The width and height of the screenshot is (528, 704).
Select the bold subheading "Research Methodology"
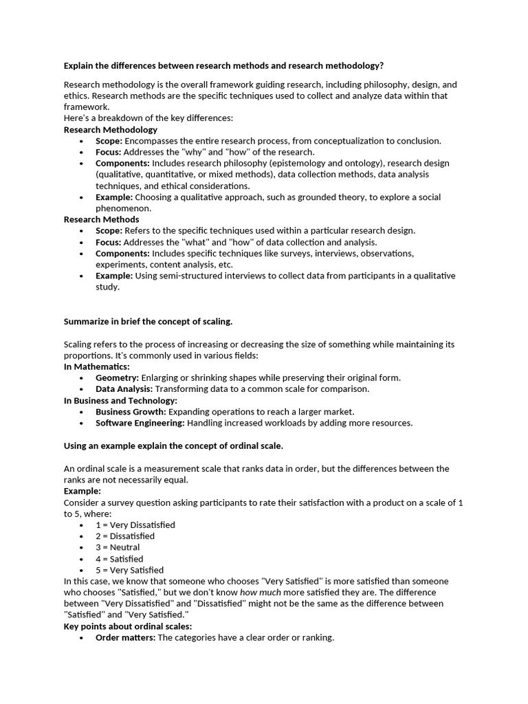[x=110, y=129]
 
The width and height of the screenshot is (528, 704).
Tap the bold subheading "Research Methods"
[x=101, y=219]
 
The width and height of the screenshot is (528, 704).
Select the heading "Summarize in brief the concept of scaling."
[x=148, y=321]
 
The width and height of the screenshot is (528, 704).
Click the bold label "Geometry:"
[x=117, y=377]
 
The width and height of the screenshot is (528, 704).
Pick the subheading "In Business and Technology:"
[x=120, y=400]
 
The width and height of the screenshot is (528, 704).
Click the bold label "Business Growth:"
[x=131, y=411]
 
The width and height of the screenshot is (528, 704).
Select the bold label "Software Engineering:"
[x=140, y=423]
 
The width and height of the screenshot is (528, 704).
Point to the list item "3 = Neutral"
[x=118, y=547]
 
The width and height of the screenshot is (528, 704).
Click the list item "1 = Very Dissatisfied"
[x=135, y=525]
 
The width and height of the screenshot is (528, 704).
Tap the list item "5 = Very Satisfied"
[x=129, y=570]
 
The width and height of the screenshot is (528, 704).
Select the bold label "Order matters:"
[x=125, y=637]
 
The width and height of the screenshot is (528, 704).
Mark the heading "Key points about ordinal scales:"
[x=128, y=626]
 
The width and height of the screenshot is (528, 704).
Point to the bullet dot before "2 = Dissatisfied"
[x=82, y=536]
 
